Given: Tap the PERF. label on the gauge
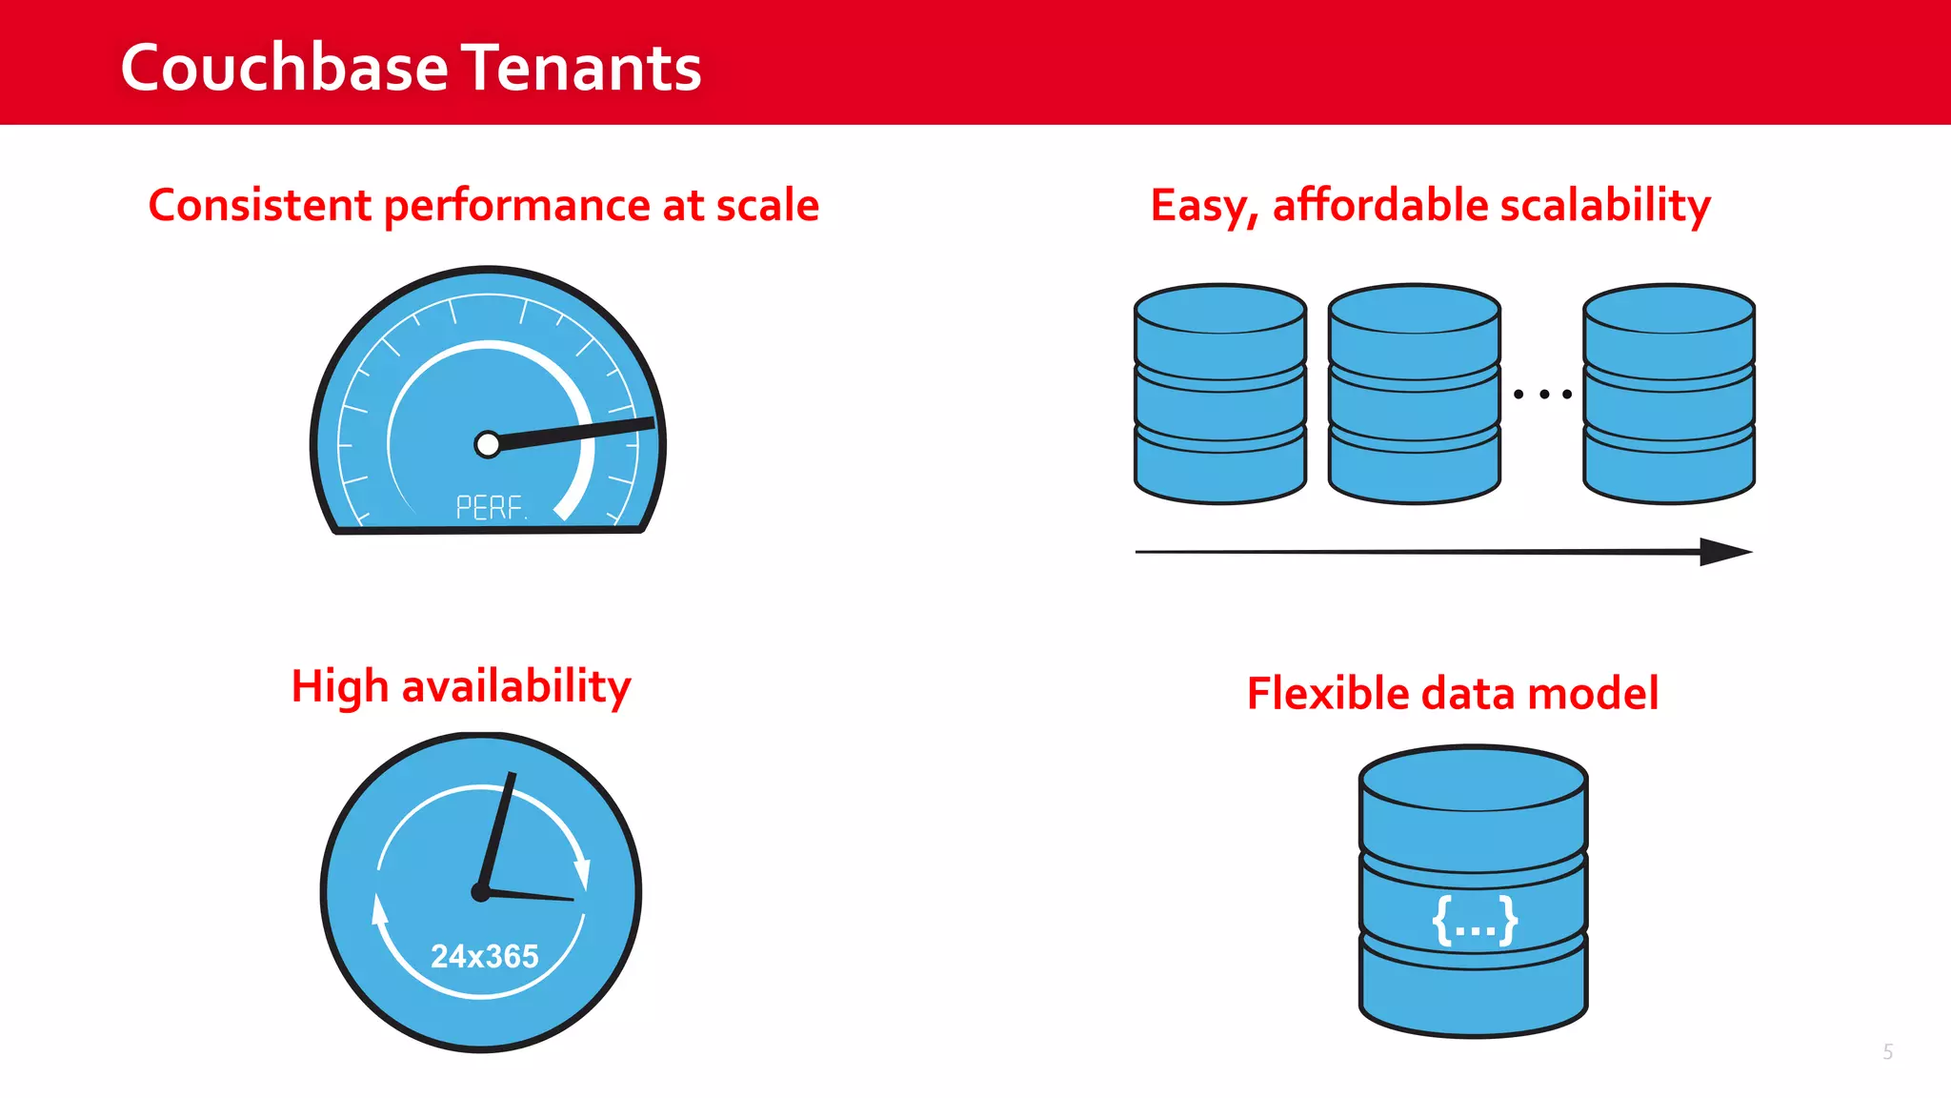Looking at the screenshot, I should [490, 507].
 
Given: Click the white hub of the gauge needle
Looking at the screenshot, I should [487, 444].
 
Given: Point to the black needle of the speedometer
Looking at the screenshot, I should [581, 431].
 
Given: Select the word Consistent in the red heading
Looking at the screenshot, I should [259, 205].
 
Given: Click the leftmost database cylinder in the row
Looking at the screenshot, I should [1219, 394].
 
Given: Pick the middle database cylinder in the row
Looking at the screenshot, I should [1414, 394].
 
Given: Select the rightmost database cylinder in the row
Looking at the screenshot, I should [1668, 394].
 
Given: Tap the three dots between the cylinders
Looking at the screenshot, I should [1542, 394].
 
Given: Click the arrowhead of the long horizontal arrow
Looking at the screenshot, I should [1723, 552].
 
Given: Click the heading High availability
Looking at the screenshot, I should [461, 686].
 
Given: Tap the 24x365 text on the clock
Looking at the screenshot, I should [484, 956].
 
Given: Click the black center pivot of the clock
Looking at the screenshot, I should [481, 892].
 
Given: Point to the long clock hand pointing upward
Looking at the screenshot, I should [498, 829].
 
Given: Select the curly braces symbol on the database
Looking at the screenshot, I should [1475, 921].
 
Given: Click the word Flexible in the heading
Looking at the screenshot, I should [1328, 693].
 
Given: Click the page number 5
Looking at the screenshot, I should [1887, 1051].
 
